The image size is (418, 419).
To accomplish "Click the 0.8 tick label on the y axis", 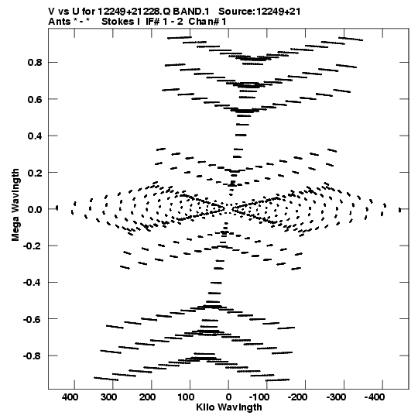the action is pyautogui.click(x=35, y=63).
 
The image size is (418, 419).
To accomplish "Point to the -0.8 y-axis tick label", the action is pyautogui.click(x=33, y=356).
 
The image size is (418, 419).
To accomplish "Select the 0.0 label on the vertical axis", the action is pyautogui.click(x=35, y=209).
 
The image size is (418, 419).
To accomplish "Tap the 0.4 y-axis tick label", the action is pyautogui.click(x=35, y=136).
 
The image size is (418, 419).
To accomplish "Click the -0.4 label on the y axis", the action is pyautogui.click(x=33, y=283).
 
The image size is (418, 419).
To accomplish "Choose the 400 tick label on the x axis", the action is pyautogui.click(x=70, y=397).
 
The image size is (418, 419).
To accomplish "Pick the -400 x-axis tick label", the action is pyautogui.click(x=375, y=397).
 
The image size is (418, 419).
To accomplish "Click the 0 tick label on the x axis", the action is pyautogui.click(x=228, y=397).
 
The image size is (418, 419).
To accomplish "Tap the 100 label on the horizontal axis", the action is pyautogui.click(x=186, y=397).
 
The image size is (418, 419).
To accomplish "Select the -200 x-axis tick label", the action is pyautogui.click(x=297, y=397).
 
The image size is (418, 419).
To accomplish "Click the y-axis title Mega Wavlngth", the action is pyautogui.click(x=15, y=205).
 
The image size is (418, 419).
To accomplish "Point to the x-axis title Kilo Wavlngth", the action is pyautogui.click(x=229, y=407).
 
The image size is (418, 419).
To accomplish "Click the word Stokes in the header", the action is pyautogui.click(x=117, y=22).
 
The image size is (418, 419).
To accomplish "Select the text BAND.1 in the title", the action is pyautogui.click(x=191, y=12).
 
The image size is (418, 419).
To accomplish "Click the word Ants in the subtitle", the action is pyautogui.click(x=60, y=22).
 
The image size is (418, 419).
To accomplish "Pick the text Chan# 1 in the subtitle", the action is pyautogui.click(x=207, y=22).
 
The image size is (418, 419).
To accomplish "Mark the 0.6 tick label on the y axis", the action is pyautogui.click(x=35, y=99).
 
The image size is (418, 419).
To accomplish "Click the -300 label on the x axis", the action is pyautogui.click(x=336, y=397).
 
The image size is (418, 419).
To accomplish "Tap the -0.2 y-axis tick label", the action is pyautogui.click(x=33, y=246).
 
